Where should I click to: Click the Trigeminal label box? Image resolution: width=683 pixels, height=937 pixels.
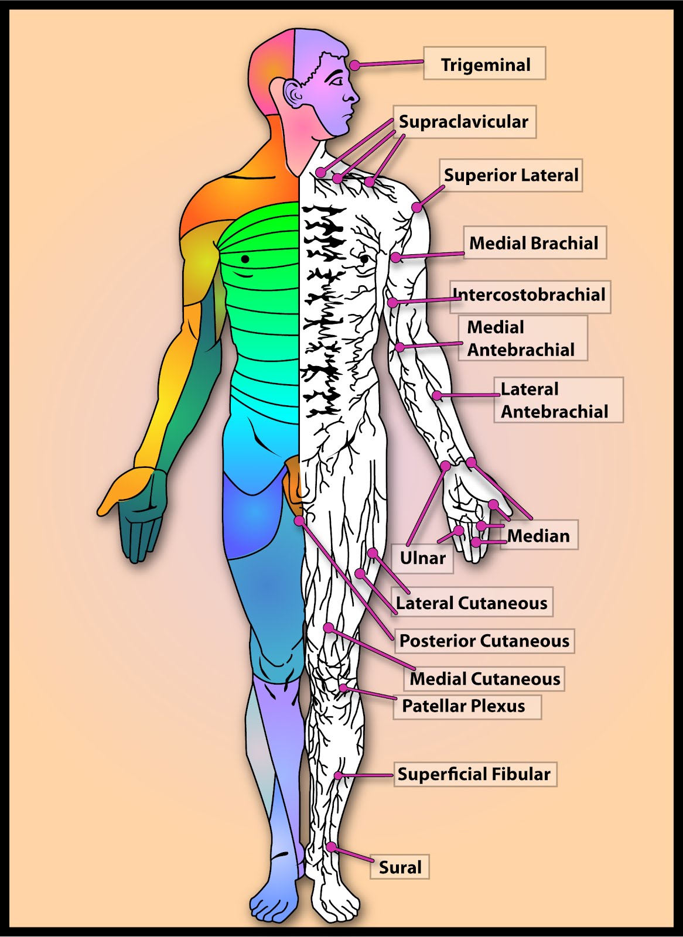coord(484,64)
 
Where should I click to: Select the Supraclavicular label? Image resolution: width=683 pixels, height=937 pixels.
coord(463,122)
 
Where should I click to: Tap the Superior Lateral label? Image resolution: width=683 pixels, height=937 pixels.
coord(510,175)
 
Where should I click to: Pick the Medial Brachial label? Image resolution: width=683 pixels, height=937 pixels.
coord(534,242)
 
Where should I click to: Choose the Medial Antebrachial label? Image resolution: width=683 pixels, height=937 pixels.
coord(521,338)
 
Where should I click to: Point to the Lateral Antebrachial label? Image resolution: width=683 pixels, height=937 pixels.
coord(557,400)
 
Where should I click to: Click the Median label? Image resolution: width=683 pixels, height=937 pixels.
coord(539,535)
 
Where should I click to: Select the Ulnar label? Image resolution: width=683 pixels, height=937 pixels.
coord(423,558)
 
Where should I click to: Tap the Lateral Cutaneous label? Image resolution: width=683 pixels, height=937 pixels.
coord(472,603)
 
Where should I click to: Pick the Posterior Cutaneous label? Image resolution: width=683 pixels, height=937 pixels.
coord(484,641)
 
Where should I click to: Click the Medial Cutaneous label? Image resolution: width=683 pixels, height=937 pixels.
coord(484,679)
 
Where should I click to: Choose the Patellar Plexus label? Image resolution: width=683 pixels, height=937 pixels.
coord(464,706)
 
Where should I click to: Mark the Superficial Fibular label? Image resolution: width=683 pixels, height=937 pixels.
coord(474,774)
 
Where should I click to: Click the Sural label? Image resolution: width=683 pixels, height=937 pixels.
coord(400,867)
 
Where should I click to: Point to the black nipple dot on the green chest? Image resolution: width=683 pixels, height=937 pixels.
coord(245,259)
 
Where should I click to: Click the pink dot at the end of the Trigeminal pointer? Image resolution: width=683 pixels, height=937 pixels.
coord(356,66)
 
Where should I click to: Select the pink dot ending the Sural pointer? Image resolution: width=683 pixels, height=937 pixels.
coord(331,847)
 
